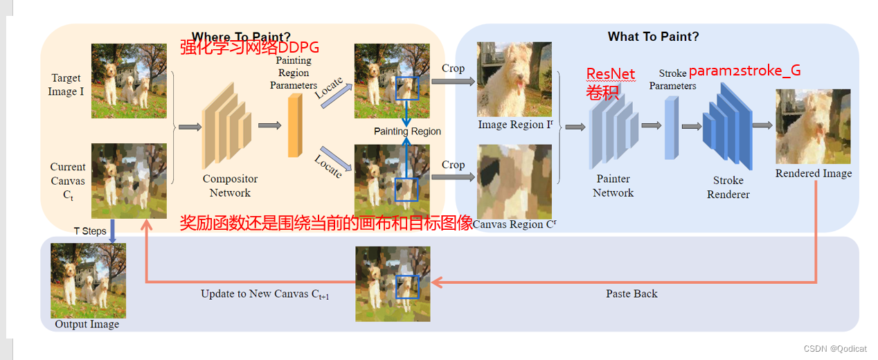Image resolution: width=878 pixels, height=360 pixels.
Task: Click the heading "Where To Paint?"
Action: [x=241, y=37]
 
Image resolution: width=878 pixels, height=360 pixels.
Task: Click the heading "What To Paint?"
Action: [x=653, y=37]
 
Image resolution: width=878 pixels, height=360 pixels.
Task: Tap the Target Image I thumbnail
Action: [x=129, y=80]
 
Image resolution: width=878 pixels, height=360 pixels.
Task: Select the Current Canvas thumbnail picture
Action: [x=129, y=181]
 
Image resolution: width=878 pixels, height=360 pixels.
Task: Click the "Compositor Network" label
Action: [x=230, y=186]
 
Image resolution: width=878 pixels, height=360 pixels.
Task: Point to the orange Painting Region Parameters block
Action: [x=296, y=125]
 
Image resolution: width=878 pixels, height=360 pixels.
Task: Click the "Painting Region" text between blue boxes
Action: [x=407, y=132]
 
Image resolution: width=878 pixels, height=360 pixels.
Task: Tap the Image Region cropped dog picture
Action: [x=514, y=79]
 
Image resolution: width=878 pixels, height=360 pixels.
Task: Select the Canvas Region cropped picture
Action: [x=514, y=181]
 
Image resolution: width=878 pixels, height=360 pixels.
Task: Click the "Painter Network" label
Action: [x=613, y=186]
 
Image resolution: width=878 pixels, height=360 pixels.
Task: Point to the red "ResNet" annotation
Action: [x=611, y=74]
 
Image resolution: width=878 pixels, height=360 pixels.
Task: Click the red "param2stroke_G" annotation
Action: [x=744, y=71]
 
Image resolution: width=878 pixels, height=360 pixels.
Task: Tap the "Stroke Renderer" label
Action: [x=728, y=187]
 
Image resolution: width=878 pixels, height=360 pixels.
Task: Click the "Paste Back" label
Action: [x=631, y=294]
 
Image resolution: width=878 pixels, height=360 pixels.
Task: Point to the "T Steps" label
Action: [x=90, y=231]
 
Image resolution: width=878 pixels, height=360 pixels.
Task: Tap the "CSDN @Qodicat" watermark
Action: [x=838, y=349]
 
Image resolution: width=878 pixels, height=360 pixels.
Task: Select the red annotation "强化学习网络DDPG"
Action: [x=249, y=48]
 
